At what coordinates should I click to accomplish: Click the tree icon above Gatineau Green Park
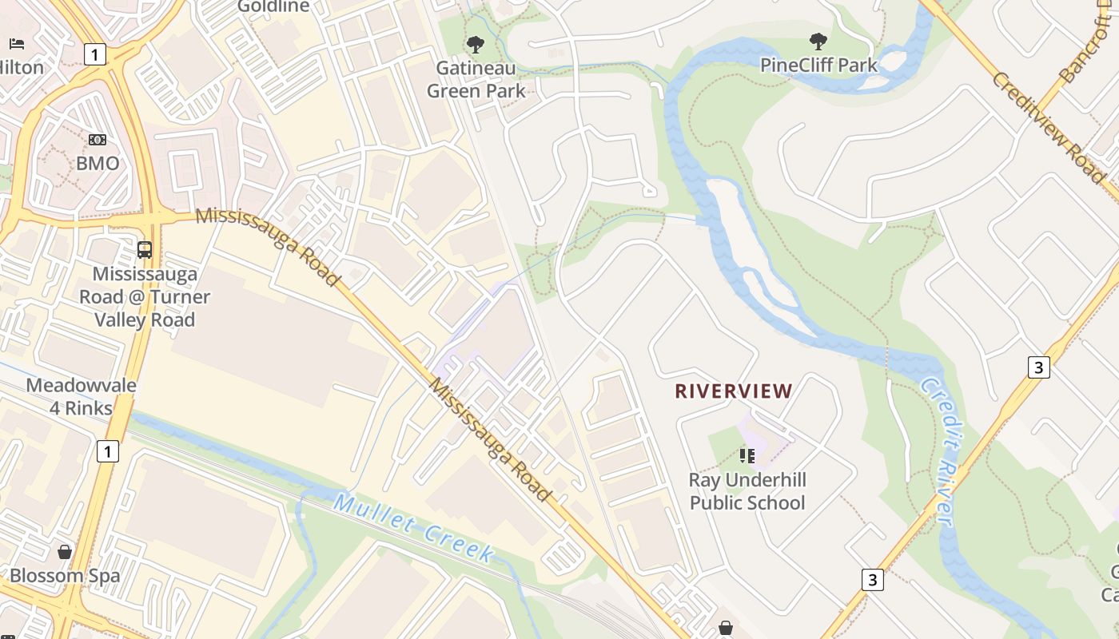click(476, 43)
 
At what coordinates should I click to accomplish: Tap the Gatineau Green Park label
click(476, 79)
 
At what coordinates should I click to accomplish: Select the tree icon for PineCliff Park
click(818, 42)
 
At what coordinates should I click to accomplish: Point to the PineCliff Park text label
click(818, 65)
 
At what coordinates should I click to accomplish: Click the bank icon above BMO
click(97, 140)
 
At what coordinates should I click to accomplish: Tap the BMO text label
click(97, 164)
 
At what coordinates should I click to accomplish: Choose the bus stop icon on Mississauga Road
click(145, 250)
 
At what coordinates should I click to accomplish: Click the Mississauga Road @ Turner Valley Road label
click(145, 297)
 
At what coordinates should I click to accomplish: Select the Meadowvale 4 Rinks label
click(81, 397)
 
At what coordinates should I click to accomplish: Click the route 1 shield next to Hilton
click(94, 54)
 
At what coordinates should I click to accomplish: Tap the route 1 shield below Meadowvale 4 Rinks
click(107, 450)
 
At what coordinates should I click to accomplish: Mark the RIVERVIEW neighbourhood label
click(734, 391)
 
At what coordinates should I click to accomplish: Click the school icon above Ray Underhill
click(747, 456)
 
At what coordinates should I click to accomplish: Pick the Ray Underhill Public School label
click(747, 491)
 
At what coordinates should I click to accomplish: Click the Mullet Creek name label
click(413, 528)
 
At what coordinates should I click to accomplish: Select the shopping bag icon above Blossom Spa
click(65, 552)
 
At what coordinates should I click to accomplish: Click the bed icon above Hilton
click(17, 43)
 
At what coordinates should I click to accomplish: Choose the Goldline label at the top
click(273, 7)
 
